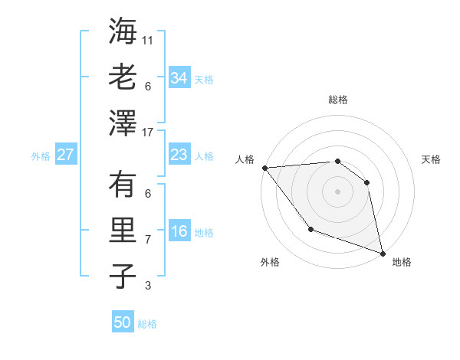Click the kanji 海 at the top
click(x=123, y=31)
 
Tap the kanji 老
click(x=123, y=77)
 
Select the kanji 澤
click(x=123, y=123)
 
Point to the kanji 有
click(x=123, y=185)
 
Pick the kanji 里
click(x=123, y=230)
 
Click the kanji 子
click(x=123, y=276)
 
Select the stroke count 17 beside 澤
click(x=149, y=133)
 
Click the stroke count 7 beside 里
click(x=149, y=240)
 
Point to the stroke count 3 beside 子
click(x=149, y=286)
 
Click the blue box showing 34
click(x=179, y=78)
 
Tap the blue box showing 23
click(x=179, y=155)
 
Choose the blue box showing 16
click(x=179, y=232)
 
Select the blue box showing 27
click(x=65, y=155)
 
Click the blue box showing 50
click(x=123, y=322)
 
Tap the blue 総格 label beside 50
click(x=147, y=323)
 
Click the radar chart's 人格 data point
click(x=264, y=168)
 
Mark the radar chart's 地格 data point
click(x=383, y=252)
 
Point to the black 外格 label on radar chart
click(x=270, y=263)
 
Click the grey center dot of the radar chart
click(x=337, y=191)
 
